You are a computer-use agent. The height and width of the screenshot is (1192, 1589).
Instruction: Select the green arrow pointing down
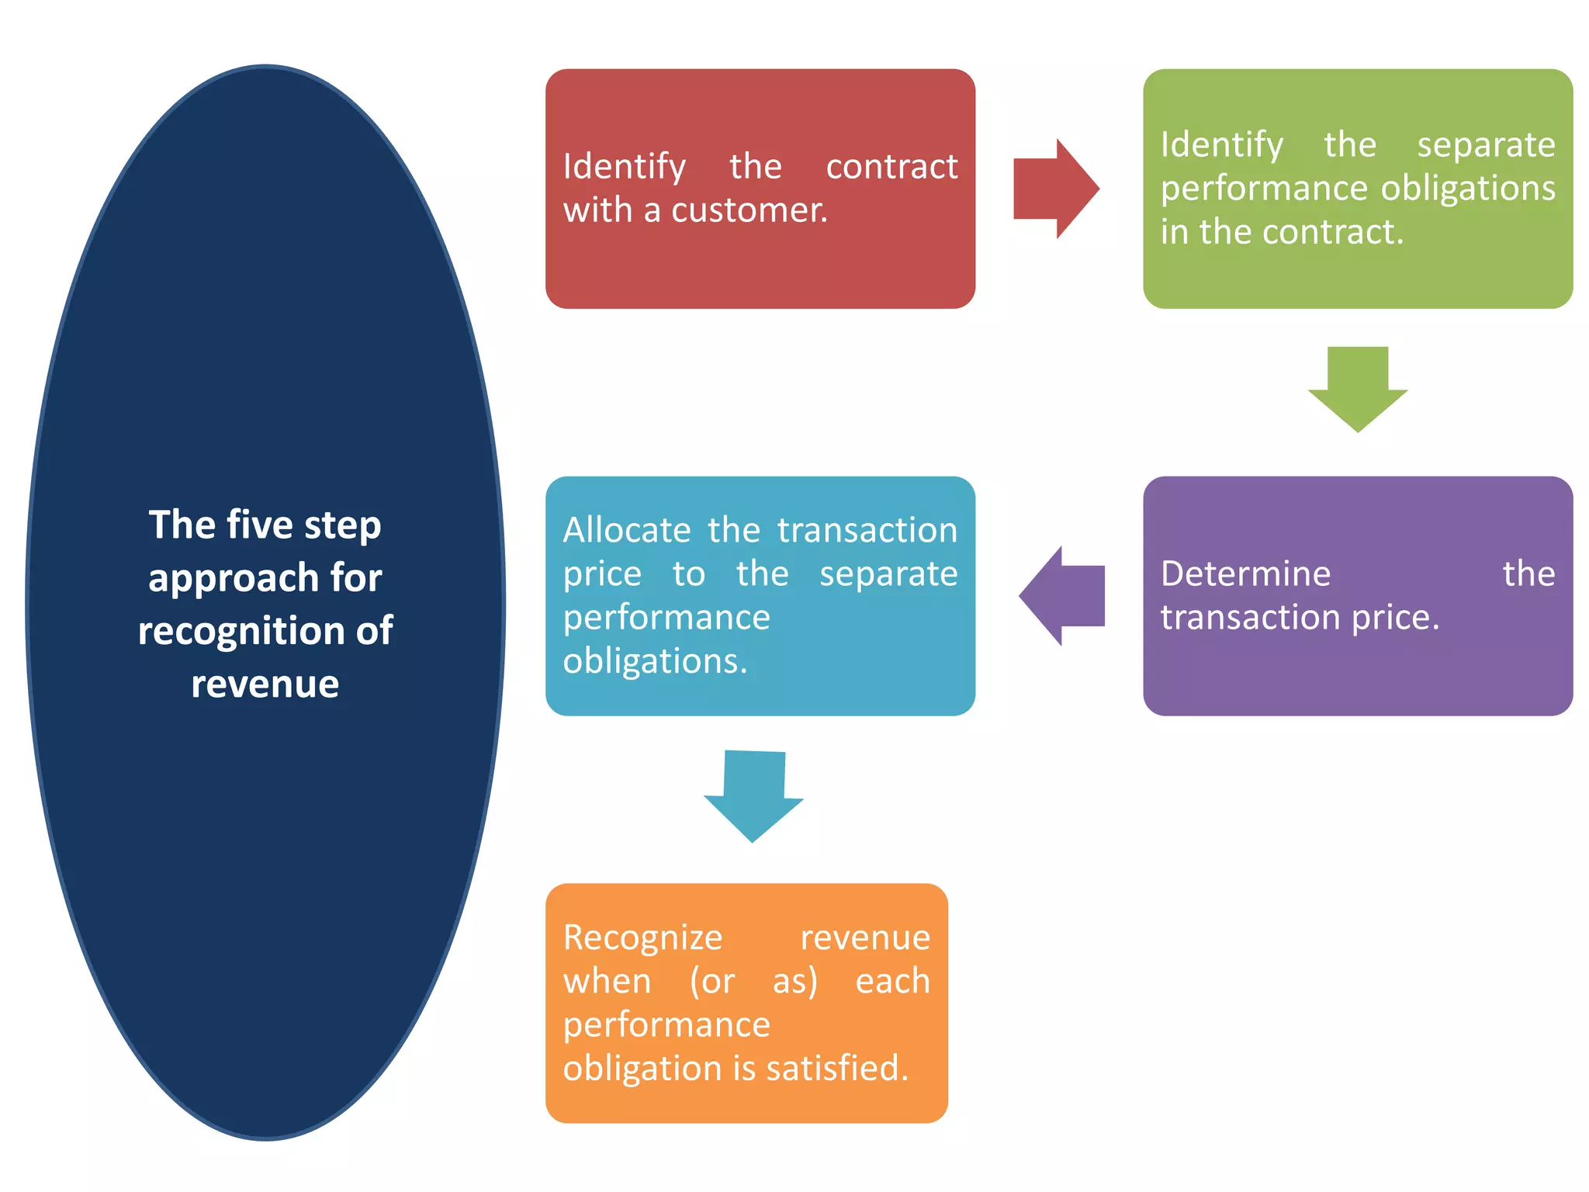[x=1357, y=388]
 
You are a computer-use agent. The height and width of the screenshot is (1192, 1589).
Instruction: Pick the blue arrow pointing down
[x=753, y=795]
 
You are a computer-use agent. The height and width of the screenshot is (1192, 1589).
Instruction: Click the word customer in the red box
[x=749, y=210]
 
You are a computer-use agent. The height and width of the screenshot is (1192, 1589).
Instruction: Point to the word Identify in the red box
[x=624, y=167]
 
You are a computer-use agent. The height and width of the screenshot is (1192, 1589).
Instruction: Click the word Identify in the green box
[x=1221, y=145]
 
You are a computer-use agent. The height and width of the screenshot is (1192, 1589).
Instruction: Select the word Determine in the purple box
[x=1245, y=574]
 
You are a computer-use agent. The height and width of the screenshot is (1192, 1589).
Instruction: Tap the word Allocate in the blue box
[x=626, y=531]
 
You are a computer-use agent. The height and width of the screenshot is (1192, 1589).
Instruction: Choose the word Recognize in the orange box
[x=642, y=937]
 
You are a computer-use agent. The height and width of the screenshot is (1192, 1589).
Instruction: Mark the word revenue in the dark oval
[x=265, y=684]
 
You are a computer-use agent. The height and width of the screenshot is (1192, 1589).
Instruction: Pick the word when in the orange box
[x=607, y=982]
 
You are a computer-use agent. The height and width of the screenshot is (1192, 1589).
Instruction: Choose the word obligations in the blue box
[x=654, y=662]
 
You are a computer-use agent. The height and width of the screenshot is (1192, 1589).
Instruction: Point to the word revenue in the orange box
[x=864, y=937]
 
